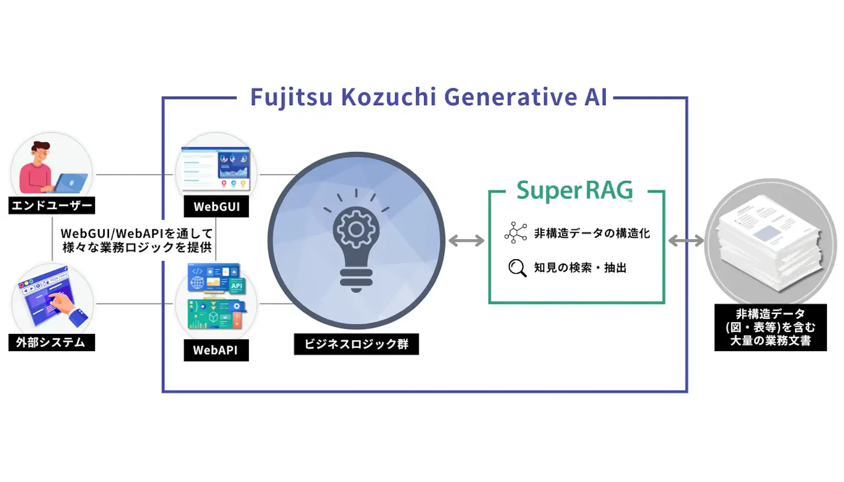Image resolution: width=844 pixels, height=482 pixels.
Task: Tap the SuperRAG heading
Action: (575, 190)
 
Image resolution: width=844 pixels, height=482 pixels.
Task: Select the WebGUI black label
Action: (216, 207)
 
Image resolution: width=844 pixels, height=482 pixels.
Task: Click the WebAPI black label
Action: (216, 350)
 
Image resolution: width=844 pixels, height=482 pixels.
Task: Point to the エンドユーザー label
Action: (52, 205)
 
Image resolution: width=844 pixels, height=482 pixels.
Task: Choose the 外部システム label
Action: (51, 342)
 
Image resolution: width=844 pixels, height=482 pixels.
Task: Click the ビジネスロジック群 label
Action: (356, 344)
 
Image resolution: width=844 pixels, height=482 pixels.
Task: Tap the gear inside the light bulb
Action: (356, 229)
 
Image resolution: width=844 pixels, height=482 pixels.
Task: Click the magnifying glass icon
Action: (517, 268)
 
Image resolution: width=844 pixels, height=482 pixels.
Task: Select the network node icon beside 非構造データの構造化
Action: (515, 233)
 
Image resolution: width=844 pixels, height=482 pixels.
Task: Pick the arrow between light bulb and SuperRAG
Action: (466, 241)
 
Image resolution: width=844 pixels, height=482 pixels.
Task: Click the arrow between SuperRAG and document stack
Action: (686, 241)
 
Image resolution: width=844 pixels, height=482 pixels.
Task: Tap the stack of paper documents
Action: (769, 242)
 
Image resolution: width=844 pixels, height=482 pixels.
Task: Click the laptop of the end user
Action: (70, 183)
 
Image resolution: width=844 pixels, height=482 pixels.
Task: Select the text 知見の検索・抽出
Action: (580, 268)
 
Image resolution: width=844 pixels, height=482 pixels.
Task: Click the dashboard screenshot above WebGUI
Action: (216, 168)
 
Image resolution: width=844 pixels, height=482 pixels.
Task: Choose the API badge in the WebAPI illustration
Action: (236, 286)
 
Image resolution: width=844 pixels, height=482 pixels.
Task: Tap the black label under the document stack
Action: (770, 327)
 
